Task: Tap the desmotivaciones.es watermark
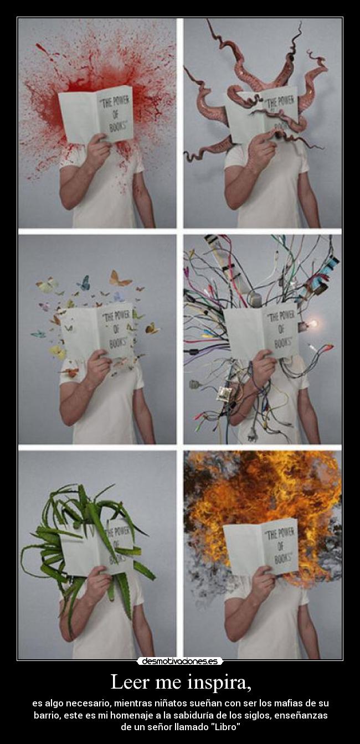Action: click(x=180, y=661)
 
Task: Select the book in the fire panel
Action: click(x=261, y=546)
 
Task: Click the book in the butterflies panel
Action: click(x=97, y=330)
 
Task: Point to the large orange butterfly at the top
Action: click(x=119, y=278)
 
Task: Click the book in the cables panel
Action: click(x=261, y=331)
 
